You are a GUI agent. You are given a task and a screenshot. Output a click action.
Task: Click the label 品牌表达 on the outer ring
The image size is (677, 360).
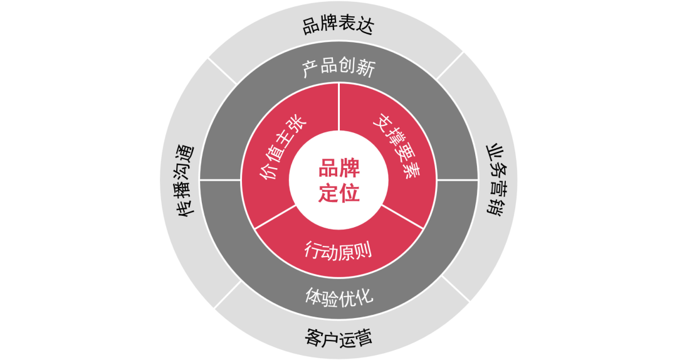pos(338,26)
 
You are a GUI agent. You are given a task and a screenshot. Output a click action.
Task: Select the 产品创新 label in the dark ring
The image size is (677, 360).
pos(338,68)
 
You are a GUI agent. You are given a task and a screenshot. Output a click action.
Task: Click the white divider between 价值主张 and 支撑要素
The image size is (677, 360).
pos(338,107)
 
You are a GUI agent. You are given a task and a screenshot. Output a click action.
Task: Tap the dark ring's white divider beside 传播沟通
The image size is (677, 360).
pos(219,180)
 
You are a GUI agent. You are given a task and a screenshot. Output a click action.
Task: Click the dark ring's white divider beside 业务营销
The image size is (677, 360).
pos(458,180)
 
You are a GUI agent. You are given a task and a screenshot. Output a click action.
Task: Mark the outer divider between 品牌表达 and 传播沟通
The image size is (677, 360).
pos(223,71)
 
